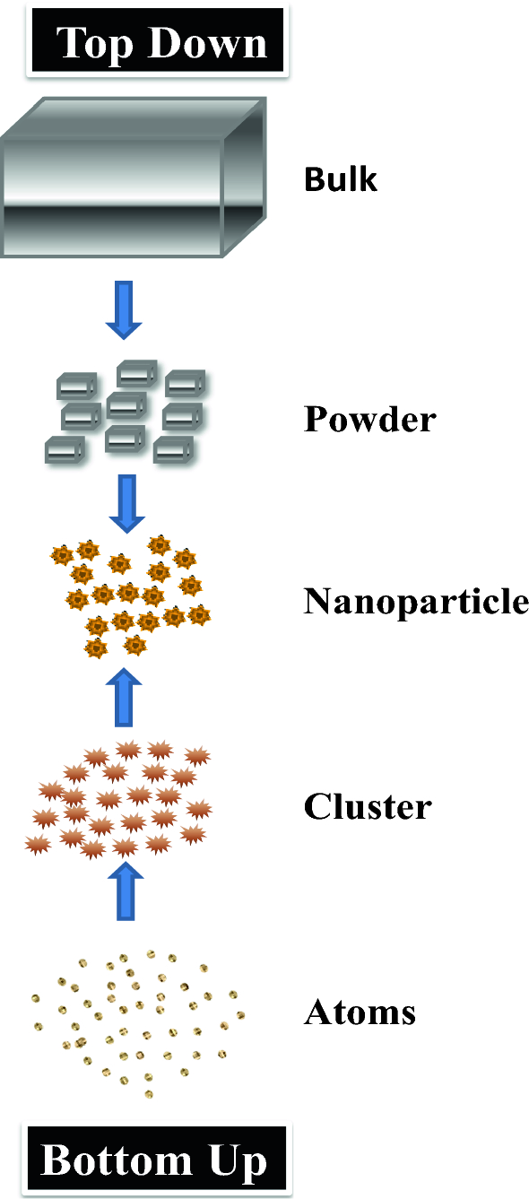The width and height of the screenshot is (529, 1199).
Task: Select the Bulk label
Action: [x=341, y=179]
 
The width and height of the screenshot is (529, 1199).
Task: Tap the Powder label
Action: [x=369, y=419]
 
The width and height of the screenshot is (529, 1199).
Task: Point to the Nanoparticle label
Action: [x=416, y=601]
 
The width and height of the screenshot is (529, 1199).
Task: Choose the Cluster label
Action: [x=368, y=807]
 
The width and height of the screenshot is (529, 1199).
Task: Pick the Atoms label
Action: [x=360, y=1012]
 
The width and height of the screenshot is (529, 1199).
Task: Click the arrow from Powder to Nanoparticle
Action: [x=126, y=502]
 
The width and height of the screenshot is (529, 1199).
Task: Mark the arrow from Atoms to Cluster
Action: [x=126, y=891]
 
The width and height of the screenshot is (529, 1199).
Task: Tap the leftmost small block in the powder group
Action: [x=64, y=448]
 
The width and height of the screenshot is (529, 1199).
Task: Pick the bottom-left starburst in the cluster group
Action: [x=38, y=844]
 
